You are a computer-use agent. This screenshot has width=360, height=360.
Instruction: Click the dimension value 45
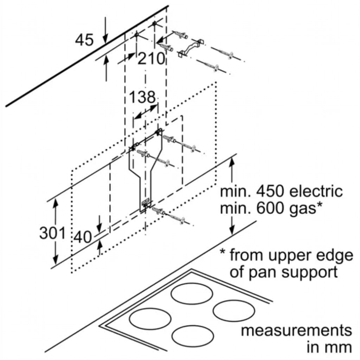coord(85,40)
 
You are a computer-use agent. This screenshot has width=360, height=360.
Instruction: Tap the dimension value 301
coord(52,233)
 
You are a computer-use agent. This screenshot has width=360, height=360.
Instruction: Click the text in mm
coord(329,347)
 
